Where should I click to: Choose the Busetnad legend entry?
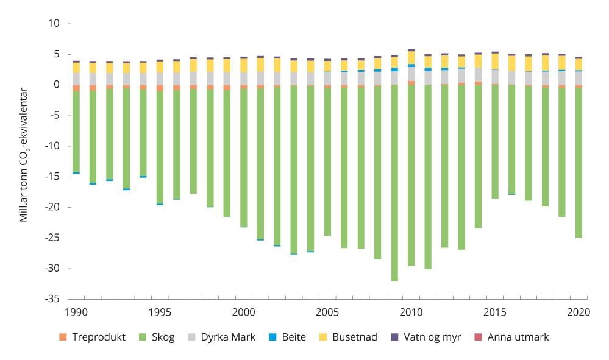point(354,337)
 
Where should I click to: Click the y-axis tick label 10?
point(54,24)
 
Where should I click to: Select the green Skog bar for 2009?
point(394,183)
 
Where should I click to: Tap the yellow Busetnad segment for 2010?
point(411,57)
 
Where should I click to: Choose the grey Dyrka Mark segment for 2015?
point(495,76)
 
